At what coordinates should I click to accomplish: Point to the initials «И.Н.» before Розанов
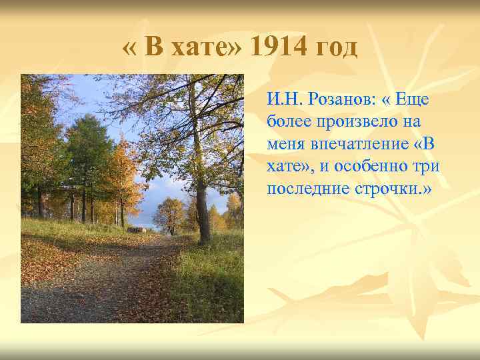tap(285, 100)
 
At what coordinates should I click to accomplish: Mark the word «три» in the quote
tap(427, 166)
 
